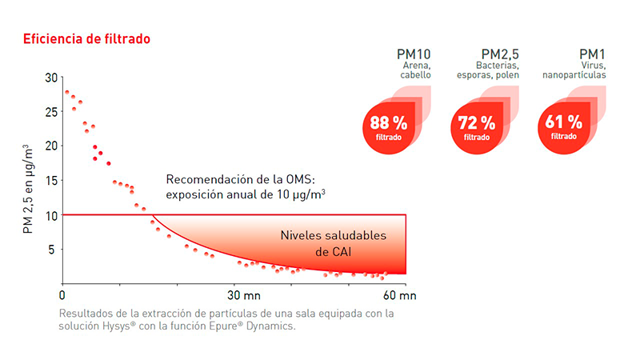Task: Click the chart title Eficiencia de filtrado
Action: click(86, 38)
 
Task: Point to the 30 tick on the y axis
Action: click(52, 78)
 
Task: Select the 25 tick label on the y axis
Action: click(52, 112)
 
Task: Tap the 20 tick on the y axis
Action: click(52, 146)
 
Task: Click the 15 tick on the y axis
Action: click(52, 181)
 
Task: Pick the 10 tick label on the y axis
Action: click(52, 215)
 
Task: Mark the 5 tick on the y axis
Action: click(54, 250)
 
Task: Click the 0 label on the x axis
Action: click(63, 295)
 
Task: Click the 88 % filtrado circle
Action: click(389, 127)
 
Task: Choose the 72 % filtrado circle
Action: click(477, 127)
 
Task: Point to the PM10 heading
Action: click(414, 54)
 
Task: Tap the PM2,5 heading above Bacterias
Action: click(501, 54)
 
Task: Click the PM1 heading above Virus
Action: click(592, 54)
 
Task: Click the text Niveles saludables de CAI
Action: click(333, 244)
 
